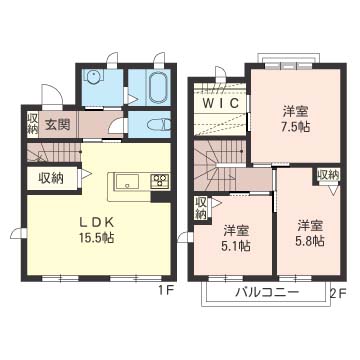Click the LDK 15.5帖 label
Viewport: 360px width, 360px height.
pyautogui.click(x=96, y=230)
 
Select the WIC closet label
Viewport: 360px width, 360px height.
pyautogui.click(x=221, y=103)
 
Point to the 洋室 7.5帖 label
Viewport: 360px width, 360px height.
pyautogui.click(x=296, y=119)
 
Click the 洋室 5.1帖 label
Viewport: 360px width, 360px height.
pyautogui.click(x=237, y=238)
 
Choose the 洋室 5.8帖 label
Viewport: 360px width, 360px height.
pyautogui.click(x=310, y=233)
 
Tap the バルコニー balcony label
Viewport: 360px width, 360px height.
pyautogui.click(x=267, y=293)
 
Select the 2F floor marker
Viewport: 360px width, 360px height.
pyautogui.click(x=338, y=293)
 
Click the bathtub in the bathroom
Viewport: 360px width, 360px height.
pyautogui.click(x=158, y=88)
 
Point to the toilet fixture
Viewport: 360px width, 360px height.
pyautogui.click(x=159, y=125)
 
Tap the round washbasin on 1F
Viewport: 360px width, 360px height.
pyautogui.click(x=92, y=78)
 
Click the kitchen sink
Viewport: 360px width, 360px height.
pyautogui.click(x=127, y=182)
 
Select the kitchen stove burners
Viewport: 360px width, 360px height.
pyautogui.click(x=160, y=181)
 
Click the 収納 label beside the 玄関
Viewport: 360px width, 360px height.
pyautogui.click(x=33, y=124)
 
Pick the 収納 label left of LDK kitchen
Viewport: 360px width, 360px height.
pyautogui.click(x=51, y=179)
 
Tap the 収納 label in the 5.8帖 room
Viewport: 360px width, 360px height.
pyautogui.click(x=328, y=174)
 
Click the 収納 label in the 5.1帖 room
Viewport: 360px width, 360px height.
pyautogui.click(x=200, y=208)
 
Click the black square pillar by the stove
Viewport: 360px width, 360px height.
pyautogui.click(x=160, y=196)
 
